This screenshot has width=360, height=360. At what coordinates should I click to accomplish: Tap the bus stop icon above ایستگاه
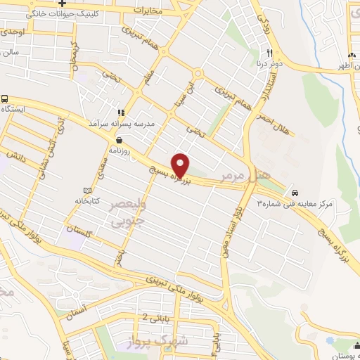click(6, 99)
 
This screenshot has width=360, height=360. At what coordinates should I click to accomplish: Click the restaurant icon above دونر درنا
click(269, 53)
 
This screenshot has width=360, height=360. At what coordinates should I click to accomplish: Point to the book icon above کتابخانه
click(87, 191)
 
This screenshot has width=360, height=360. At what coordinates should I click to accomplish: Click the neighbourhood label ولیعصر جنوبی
click(130, 213)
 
